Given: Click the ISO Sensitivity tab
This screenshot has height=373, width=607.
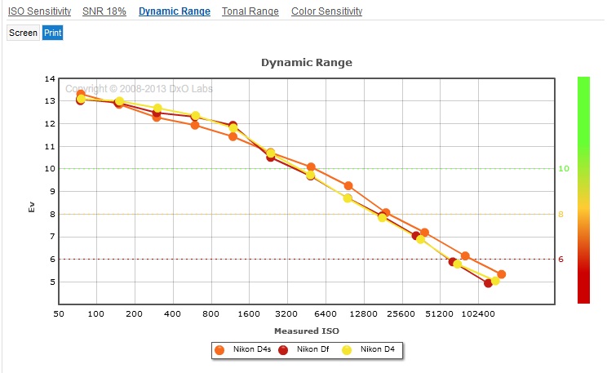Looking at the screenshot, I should pyautogui.click(x=39, y=11).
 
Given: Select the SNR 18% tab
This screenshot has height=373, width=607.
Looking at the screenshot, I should pyautogui.click(x=104, y=11).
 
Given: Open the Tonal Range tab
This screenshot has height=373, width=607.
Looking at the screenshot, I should pyautogui.click(x=250, y=11).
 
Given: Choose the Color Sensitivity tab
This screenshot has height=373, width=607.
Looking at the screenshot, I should pyautogui.click(x=326, y=11).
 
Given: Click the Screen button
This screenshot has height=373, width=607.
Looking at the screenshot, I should pyautogui.click(x=23, y=33).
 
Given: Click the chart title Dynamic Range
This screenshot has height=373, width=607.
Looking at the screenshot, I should pyautogui.click(x=306, y=62).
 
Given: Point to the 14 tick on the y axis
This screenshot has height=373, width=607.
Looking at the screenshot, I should pyautogui.click(x=50, y=79).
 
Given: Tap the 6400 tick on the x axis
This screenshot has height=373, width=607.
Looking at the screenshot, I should pyautogui.click(x=326, y=313).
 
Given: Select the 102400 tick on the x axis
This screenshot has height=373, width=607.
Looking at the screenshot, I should pyautogui.click(x=478, y=313).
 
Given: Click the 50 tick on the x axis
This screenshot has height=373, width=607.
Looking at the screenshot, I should pyautogui.click(x=59, y=313).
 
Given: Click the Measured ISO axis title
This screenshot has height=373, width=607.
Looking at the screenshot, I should pyautogui.click(x=306, y=331).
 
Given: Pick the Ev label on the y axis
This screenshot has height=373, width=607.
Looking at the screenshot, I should pyautogui.click(x=33, y=208).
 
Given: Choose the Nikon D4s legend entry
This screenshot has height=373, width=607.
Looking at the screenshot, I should pyautogui.click(x=246, y=350).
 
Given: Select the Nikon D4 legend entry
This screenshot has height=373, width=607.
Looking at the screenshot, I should pyautogui.click(x=371, y=350).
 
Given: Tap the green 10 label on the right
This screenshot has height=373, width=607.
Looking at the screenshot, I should pyautogui.click(x=563, y=169).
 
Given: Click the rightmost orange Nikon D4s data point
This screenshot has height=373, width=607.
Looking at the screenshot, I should pyautogui.click(x=501, y=274).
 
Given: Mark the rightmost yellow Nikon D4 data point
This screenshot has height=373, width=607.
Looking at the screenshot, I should pyautogui.click(x=495, y=281).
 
